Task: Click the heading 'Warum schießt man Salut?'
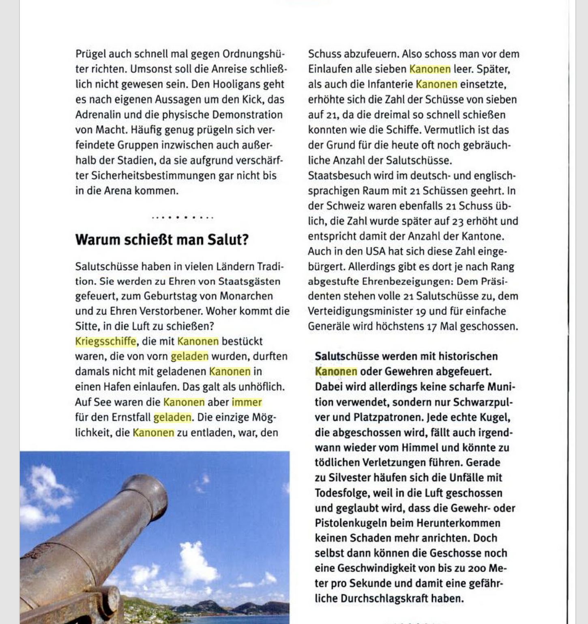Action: pyautogui.click(x=161, y=240)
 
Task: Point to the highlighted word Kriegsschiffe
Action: pyautogui.click(x=105, y=341)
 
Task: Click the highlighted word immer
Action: pyautogui.click(x=247, y=402)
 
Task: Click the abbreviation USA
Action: pyautogui.click(x=375, y=252)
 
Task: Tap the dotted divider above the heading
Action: pyautogui.click(x=182, y=218)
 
